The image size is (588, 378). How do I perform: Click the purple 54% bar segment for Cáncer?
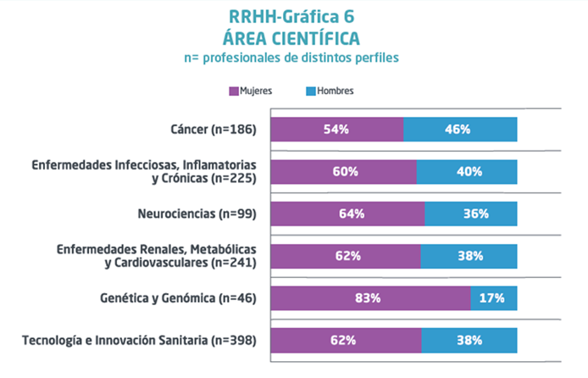(x=336, y=130)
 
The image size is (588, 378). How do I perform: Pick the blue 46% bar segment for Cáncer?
(x=460, y=130)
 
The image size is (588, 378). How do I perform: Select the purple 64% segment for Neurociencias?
(x=347, y=214)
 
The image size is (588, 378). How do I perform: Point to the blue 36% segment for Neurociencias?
(x=471, y=214)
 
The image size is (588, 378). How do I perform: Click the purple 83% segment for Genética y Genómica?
(x=370, y=297)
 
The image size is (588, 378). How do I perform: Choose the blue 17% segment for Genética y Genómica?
(x=494, y=297)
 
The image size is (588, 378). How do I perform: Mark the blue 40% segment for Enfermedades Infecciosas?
(x=467, y=171)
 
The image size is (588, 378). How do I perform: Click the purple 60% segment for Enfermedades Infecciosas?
(x=343, y=171)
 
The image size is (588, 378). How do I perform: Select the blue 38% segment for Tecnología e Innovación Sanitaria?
(x=469, y=340)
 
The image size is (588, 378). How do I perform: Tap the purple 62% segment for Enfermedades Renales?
(x=346, y=255)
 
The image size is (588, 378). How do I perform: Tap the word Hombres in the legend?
(x=336, y=91)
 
